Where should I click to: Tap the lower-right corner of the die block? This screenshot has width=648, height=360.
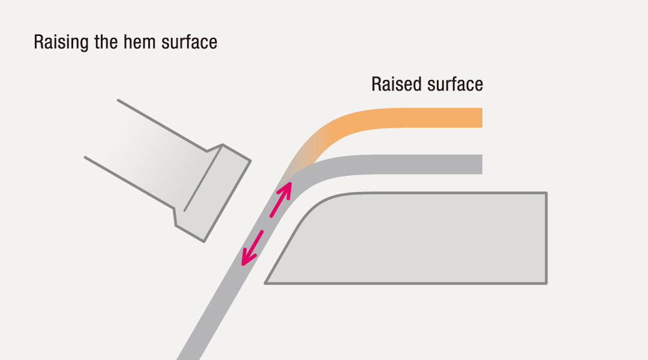pos(545,282)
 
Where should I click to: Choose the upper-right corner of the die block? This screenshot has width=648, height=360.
pos(545,194)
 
